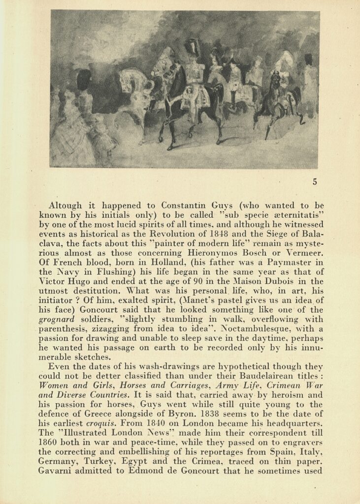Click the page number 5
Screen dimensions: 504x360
click(315, 182)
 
